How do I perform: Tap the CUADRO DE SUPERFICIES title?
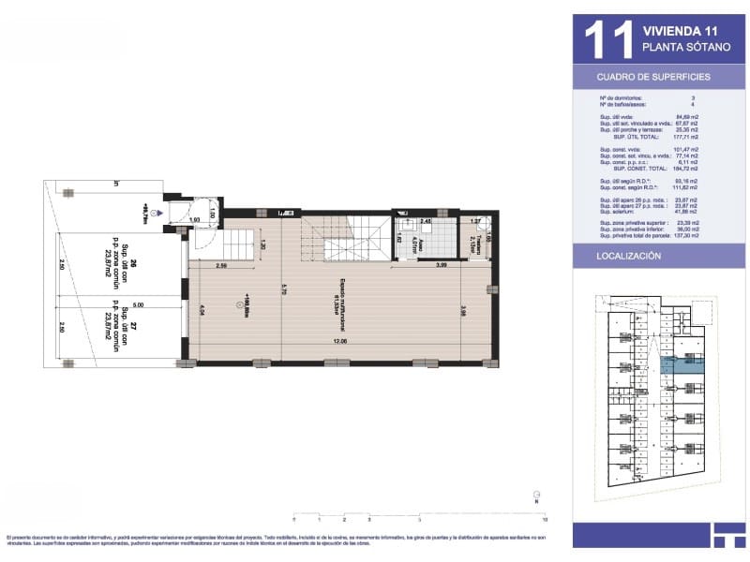click(x=653, y=77)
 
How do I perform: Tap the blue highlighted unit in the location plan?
click(x=681, y=366)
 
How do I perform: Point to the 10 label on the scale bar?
click(x=545, y=518)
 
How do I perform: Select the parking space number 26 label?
click(x=134, y=262)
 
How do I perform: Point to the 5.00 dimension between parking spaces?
click(x=138, y=304)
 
